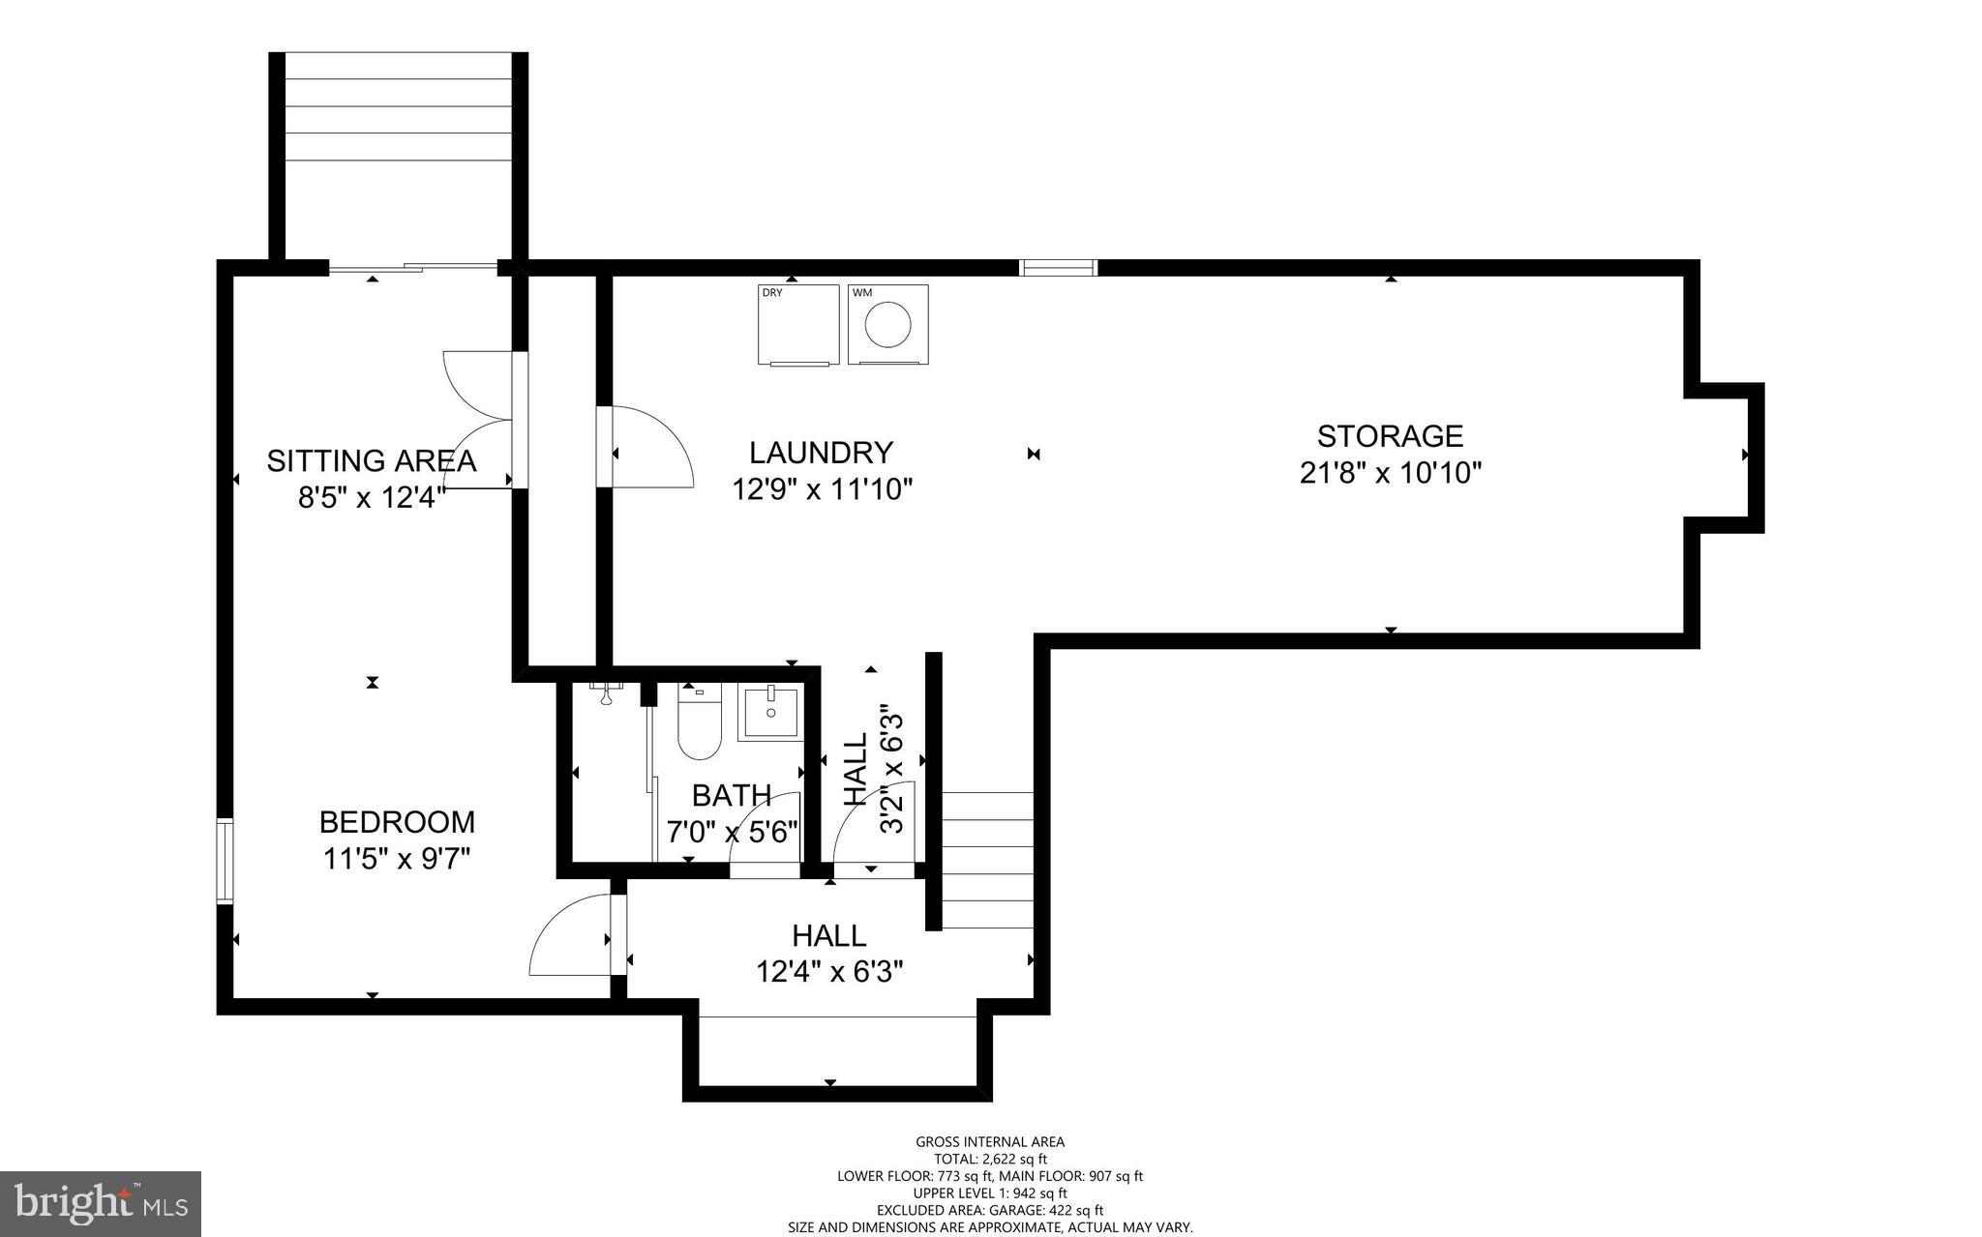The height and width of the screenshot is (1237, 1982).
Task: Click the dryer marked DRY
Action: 797,325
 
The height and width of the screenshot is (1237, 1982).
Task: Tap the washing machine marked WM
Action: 887,325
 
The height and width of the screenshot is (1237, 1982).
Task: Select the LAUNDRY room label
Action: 821,453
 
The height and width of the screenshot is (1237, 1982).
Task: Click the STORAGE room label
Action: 1390,436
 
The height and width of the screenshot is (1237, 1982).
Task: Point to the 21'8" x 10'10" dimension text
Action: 1390,473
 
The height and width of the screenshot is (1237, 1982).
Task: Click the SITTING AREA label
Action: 372,460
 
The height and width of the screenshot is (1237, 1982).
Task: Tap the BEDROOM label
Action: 397,822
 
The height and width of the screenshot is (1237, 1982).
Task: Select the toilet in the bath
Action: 699,725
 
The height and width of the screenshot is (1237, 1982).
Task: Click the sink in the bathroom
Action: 771,712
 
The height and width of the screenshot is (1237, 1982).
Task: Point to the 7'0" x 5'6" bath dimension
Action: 732,831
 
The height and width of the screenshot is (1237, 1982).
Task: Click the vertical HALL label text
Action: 856,769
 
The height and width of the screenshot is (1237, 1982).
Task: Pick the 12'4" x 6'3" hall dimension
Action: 829,971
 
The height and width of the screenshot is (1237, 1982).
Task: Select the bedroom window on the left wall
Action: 225,860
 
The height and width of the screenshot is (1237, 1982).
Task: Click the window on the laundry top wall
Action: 1059,268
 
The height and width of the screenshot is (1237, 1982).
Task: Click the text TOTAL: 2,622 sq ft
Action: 990,1159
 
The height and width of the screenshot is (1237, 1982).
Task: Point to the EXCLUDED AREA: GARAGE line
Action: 990,1210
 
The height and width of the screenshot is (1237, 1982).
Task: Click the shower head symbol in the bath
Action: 607,693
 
